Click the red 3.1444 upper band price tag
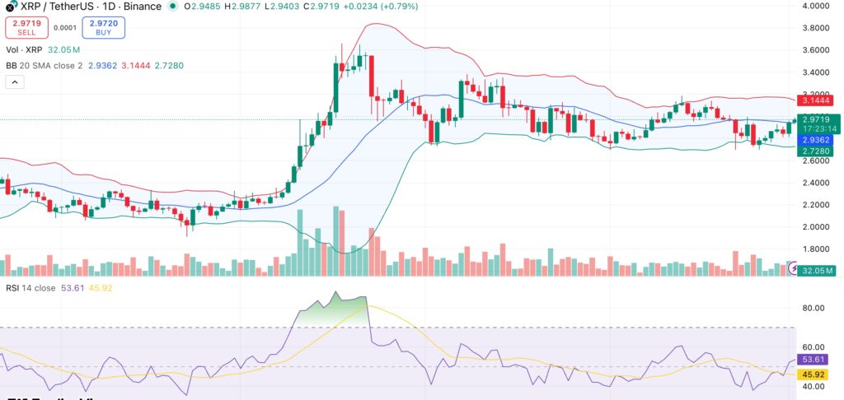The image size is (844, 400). pyautogui.click(x=817, y=100)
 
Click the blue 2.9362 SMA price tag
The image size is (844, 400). pyautogui.click(x=817, y=141)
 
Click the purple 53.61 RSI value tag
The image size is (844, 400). pyautogui.click(x=817, y=360)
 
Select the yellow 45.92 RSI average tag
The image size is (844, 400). pyautogui.click(x=817, y=374)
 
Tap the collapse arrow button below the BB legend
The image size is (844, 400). pyautogui.click(x=15, y=82)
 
